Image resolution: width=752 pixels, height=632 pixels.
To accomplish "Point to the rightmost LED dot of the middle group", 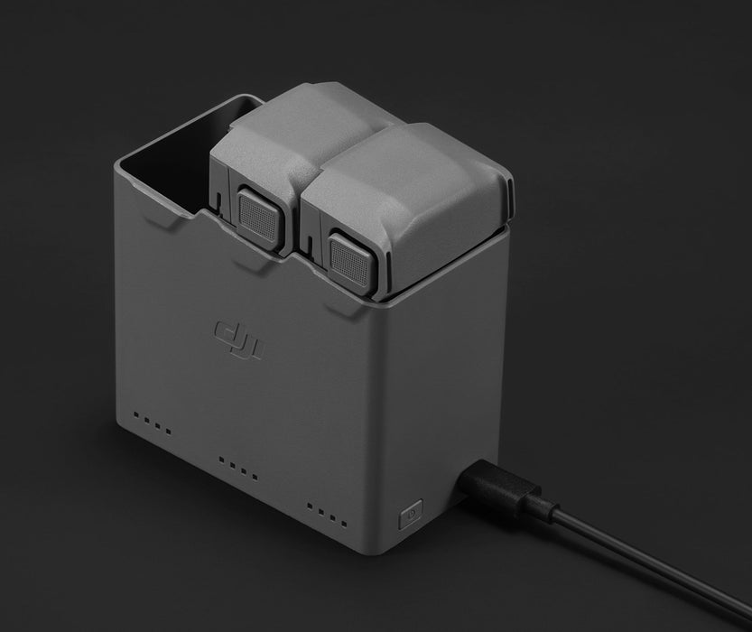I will coord(255,477).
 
